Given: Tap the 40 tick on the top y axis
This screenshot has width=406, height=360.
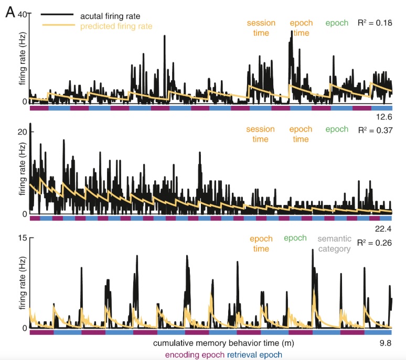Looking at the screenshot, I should click(22, 15).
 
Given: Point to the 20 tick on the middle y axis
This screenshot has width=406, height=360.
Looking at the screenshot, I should click(22, 132).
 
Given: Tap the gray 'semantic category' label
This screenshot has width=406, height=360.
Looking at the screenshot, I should click(334, 244).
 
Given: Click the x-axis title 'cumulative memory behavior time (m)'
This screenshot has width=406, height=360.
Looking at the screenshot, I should click(223, 344).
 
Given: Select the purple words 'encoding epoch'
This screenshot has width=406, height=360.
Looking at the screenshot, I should click(194, 355).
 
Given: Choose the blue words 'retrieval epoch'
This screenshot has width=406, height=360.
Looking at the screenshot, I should click(254, 355).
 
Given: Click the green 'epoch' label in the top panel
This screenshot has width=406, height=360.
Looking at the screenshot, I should click(337, 23).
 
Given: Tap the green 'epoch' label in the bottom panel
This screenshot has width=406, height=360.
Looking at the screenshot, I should click(295, 238).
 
